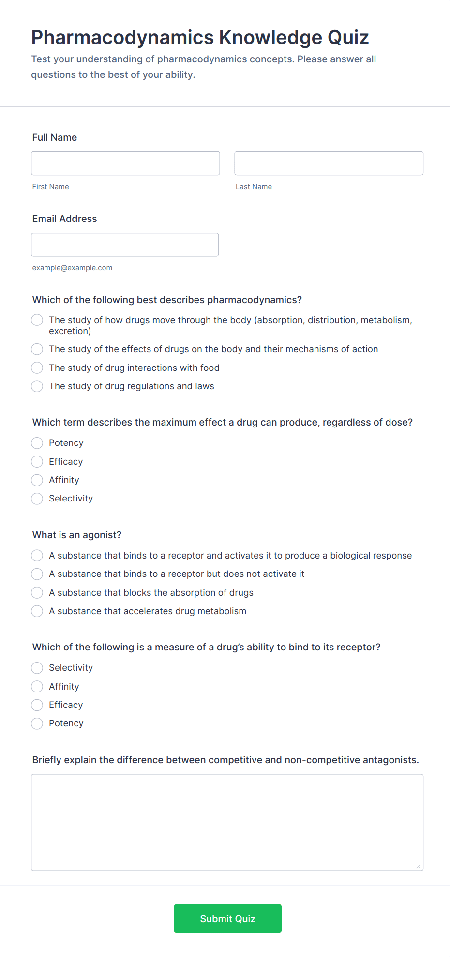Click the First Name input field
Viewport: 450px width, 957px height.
tap(125, 163)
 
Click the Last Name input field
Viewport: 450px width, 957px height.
tap(329, 163)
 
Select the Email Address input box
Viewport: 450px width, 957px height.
tap(125, 244)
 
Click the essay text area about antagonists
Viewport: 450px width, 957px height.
tap(227, 822)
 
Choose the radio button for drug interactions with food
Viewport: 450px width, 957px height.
tap(37, 368)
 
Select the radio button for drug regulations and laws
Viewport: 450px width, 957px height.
tap(37, 386)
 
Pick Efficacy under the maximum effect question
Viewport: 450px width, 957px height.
tap(37, 462)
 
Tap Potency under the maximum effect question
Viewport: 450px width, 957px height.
tap(37, 443)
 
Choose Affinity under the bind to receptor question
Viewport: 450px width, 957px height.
tap(37, 687)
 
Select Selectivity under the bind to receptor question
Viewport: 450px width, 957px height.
tap(37, 668)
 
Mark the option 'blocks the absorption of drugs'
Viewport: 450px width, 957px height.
tap(37, 593)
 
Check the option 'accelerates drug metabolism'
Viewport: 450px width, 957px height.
tap(37, 611)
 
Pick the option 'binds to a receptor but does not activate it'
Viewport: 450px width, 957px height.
tap(37, 574)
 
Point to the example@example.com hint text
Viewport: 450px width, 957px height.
tap(72, 268)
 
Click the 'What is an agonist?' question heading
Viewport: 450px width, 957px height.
tap(77, 535)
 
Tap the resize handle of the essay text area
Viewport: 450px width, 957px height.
tap(419, 866)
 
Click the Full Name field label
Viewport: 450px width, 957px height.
tap(55, 137)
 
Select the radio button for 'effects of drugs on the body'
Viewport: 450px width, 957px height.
tap(37, 349)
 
